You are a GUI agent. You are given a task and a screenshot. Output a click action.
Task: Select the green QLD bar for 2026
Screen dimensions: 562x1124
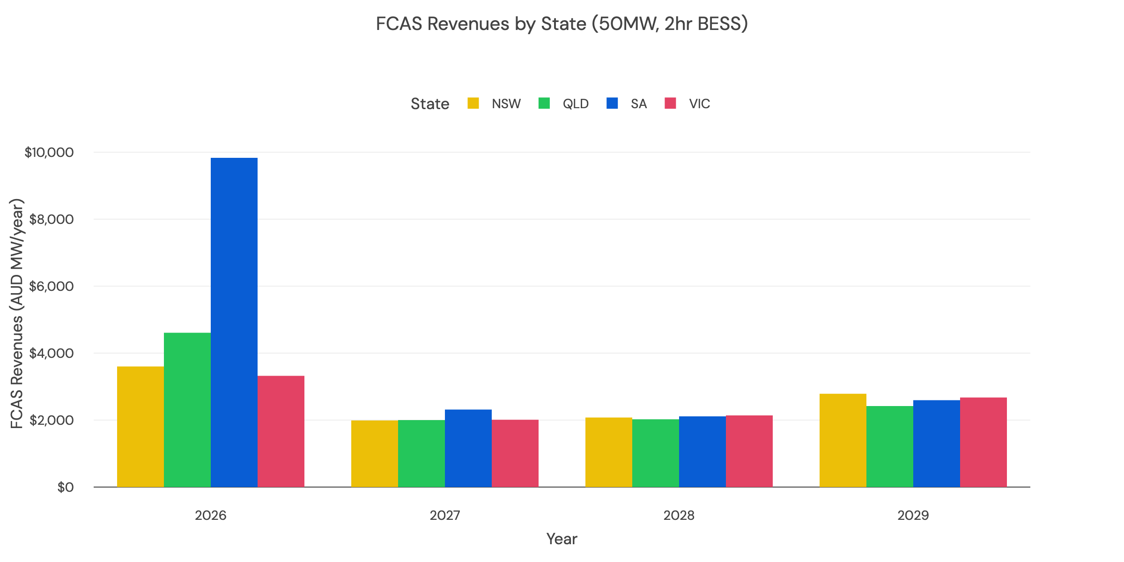187,410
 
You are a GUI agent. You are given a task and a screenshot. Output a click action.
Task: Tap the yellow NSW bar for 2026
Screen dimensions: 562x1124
140,427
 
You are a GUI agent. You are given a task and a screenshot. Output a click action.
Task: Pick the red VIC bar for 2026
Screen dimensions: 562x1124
281,431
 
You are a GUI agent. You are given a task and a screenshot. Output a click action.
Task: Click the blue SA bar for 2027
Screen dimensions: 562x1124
468,448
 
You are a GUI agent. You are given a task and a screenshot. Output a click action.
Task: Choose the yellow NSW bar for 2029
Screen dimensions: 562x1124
843,440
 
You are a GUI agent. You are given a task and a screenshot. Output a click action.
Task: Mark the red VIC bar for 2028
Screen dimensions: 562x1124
749,451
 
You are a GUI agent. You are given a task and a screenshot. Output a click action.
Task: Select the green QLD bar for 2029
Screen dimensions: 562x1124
890,446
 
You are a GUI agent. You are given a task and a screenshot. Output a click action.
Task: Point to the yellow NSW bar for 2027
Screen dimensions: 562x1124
375,453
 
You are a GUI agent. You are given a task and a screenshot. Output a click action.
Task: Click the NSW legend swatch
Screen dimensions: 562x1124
473,104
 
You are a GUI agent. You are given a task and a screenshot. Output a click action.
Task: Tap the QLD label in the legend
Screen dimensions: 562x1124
576,104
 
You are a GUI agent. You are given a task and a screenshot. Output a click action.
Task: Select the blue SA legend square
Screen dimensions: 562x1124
612,104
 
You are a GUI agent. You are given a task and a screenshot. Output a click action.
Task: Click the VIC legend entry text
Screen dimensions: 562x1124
699,104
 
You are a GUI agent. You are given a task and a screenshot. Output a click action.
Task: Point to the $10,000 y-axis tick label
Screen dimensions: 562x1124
49,152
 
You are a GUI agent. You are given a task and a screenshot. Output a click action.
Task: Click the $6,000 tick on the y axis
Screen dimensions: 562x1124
52,286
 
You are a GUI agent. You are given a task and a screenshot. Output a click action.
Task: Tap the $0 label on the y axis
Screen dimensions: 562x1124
66,488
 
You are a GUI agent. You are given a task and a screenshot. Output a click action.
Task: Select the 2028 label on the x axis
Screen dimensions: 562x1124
679,516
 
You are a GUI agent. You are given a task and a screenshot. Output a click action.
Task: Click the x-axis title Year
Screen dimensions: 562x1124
562,539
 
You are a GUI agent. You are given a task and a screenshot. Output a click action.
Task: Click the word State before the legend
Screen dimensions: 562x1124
430,104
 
